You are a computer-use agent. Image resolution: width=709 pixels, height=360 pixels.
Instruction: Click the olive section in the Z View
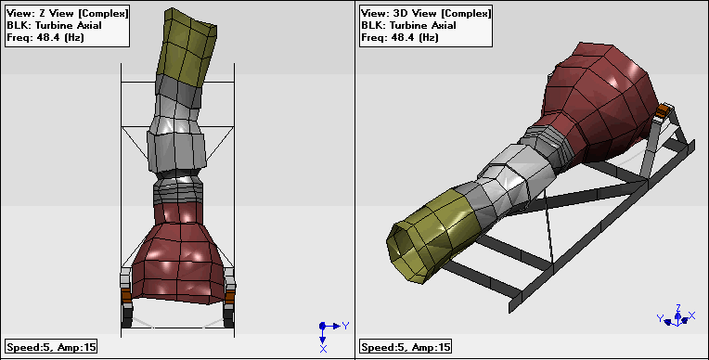point(187,45)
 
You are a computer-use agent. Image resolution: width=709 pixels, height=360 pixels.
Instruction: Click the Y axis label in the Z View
point(345,325)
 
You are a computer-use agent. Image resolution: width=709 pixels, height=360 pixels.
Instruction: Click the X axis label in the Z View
point(323,349)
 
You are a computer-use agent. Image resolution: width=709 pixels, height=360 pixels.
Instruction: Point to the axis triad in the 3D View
point(677,315)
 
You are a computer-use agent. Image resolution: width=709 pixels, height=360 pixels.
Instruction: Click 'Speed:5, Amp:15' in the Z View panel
point(51,347)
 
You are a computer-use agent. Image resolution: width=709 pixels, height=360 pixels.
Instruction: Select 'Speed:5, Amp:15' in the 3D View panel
point(406,347)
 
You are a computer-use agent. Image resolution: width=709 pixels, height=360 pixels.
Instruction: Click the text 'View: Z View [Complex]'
point(68,13)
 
